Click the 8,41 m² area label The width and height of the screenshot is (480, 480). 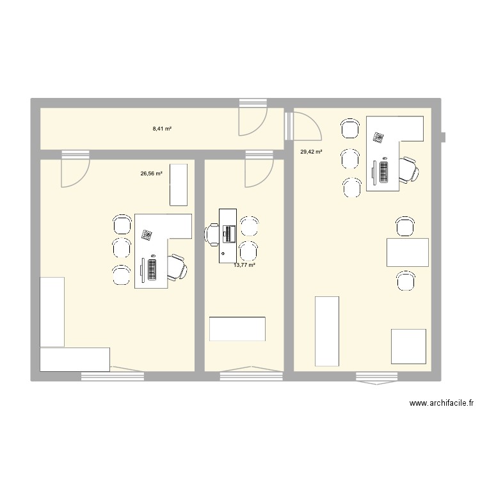click(x=162, y=129)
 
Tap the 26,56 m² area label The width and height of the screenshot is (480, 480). click(x=152, y=173)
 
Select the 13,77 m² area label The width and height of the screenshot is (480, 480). click(x=244, y=265)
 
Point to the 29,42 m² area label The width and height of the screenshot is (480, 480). click(x=311, y=152)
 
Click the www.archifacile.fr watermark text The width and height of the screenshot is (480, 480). click(x=442, y=403)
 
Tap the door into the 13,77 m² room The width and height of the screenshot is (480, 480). click(x=257, y=170)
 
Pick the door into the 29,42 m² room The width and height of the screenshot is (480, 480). click(x=303, y=125)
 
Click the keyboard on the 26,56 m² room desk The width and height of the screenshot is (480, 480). click(x=152, y=268)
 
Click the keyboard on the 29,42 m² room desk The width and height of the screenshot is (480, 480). click(x=384, y=171)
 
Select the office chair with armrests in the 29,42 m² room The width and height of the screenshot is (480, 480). click(x=408, y=170)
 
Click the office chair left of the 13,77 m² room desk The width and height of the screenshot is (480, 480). click(x=212, y=234)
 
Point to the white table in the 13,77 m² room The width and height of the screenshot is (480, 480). click(x=237, y=329)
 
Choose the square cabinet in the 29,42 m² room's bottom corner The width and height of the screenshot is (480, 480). click(x=408, y=346)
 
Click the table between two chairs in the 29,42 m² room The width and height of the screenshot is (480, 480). click(x=407, y=252)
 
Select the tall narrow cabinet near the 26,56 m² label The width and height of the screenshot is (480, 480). click(x=179, y=184)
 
